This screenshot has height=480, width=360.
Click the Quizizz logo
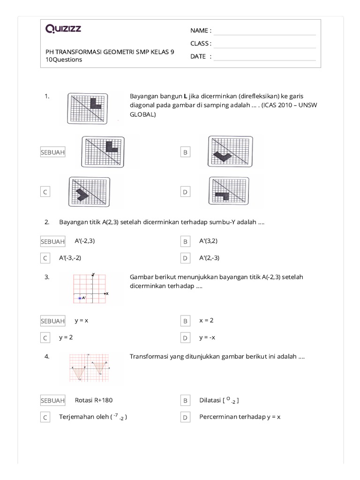click(63, 30)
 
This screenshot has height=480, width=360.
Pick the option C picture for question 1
click(90, 192)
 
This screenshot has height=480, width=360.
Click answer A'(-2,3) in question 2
click(88, 241)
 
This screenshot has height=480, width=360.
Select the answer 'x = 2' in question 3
click(206, 321)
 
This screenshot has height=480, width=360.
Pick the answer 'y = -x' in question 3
click(207, 337)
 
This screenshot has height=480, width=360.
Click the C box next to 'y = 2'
click(45, 338)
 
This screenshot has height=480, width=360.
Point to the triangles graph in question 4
click(90, 368)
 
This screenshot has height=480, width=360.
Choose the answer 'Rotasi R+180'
click(94, 400)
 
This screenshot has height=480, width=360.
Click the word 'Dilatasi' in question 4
click(211, 401)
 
